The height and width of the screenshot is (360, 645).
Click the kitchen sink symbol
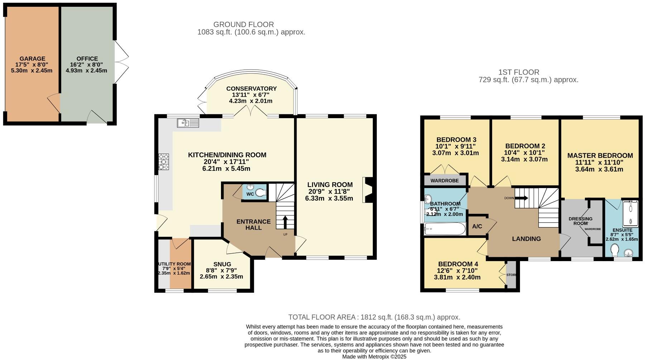pyautogui.click(x=188, y=123)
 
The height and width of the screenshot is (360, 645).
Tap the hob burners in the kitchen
pyautogui.click(x=164, y=162)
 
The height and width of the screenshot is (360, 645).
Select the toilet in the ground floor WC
pyautogui.click(x=261, y=193)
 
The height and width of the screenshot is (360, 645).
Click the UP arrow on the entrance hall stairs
pyautogui.click(x=285, y=222)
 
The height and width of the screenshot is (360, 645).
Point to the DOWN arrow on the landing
pyautogui.click(x=521, y=198)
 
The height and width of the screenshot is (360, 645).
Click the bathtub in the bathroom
pyautogui.click(x=444, y=229)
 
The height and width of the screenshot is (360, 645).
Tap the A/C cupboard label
pyautogui.click(x=477, y=226)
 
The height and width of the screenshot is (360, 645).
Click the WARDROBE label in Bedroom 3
pyautogui.click(x=444, y=181)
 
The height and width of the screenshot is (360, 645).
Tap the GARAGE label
pyautogui.click(x=32, y=59)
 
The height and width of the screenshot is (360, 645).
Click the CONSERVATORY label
pyautogui.click(x=251, y=88)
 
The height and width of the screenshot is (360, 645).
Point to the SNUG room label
pyautogui.click(x=222, y=264)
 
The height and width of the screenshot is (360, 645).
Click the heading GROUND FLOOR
pyautogui.click(x=244, y=24)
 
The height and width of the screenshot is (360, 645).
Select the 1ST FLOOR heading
pyautogui.click(x=519, y=72)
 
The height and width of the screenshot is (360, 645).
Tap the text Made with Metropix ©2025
pyautogui.click(x=374, y=357)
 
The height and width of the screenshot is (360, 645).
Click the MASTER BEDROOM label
pyautogui.click(x=600, y=155)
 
